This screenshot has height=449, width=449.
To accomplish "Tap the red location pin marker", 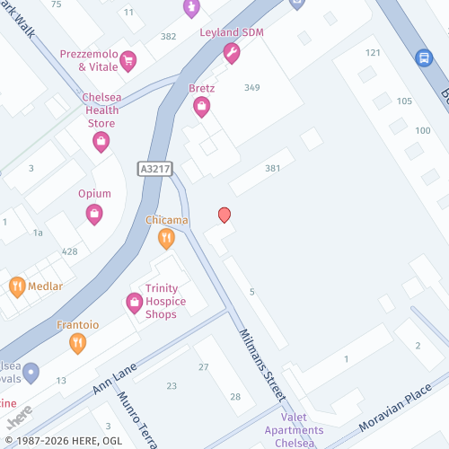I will click(224, 215).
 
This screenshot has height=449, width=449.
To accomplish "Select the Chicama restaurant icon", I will click(166, 238).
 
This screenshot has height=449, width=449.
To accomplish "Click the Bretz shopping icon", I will click(202, 107).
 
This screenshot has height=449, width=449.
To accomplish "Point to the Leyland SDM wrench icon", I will click(231, 54).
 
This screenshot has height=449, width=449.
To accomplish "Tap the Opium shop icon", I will click(94, 214).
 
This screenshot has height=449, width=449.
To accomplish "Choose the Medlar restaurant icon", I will click(17, 287).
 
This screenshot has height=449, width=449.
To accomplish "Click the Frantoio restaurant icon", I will click(78, 342).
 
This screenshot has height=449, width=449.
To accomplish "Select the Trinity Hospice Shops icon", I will click(135, 303).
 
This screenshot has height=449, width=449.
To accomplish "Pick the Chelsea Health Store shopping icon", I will click(101, 141).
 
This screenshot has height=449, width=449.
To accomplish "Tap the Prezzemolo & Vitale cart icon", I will click(128, 61).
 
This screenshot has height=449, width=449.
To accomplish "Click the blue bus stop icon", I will click(423, 57).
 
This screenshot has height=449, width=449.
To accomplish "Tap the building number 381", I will click(273, 169).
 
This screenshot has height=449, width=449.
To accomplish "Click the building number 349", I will click(251, 87).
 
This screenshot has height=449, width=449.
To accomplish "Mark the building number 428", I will click(69, 251).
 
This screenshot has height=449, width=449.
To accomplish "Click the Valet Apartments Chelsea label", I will click(294, 429).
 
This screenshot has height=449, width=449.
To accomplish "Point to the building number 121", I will click(373, 53).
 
